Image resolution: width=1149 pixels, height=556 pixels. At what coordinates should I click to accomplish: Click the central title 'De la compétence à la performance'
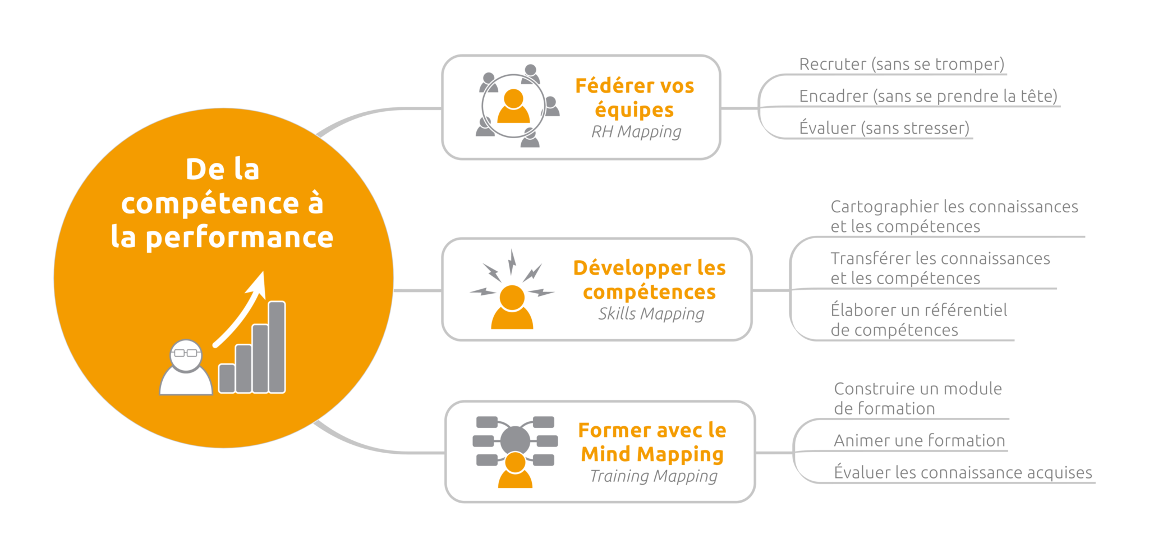(x=222, y=203)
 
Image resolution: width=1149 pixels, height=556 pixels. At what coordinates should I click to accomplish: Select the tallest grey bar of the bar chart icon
(x=277, y=347)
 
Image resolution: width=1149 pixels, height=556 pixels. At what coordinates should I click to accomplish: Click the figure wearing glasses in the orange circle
(x=186, y=368)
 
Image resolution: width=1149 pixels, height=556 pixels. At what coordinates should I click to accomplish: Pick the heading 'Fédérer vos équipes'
(x=635, y=98)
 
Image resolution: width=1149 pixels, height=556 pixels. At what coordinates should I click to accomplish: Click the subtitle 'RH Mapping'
(x=636, y=132)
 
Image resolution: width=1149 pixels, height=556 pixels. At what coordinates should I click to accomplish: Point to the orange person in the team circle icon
(x=513, y=107)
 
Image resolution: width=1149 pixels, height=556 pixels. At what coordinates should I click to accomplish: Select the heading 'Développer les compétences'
(x=649, y=280)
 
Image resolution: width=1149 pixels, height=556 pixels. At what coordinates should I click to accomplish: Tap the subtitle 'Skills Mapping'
(x=651, y=314)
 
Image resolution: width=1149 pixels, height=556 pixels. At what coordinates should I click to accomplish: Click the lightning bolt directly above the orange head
(x=512, y=262)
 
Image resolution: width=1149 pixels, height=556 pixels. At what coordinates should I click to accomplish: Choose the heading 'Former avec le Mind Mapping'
(x=652, y=442)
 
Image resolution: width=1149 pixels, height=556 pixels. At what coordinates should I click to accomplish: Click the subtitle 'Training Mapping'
(x=654, y=476)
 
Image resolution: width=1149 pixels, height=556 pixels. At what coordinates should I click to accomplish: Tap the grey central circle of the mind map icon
(x=515, y=440)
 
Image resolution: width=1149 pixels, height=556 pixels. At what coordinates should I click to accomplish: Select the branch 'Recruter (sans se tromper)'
(x=902, y=65)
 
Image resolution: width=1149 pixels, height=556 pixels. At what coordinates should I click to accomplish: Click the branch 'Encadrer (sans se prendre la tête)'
(x=928, y=97)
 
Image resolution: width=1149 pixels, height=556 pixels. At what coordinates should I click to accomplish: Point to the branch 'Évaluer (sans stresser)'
(x=884, y=129)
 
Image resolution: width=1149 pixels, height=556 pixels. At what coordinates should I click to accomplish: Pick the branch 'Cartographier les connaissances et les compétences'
(x=954, y=217)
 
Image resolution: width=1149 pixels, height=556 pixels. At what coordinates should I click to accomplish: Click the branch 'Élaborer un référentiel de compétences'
(x=919, y=320)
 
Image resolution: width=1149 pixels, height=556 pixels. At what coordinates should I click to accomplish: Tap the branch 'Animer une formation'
(x=919, y=441)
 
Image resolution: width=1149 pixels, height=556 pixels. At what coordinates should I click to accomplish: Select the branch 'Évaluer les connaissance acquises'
(x=963, y=473)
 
